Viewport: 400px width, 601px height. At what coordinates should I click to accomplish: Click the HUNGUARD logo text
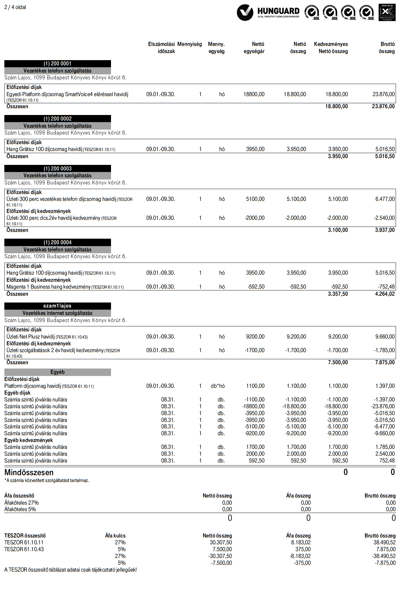pos(278,11)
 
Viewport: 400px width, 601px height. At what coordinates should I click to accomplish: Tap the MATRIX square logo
pos(387,12)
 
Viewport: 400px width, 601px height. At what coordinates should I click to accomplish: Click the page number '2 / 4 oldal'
pos(15,7)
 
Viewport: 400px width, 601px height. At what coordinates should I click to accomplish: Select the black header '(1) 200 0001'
pos(57,64)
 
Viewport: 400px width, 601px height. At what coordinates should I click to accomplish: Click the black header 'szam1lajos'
pos(57,306)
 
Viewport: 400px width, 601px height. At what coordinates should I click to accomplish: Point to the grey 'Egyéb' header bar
pos(57,372)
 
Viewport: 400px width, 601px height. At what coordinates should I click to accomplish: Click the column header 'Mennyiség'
pos(189,44)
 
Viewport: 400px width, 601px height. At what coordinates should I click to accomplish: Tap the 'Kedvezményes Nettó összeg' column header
pos(331,48)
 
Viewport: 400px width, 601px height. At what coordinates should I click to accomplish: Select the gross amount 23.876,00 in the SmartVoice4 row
pos(384,94)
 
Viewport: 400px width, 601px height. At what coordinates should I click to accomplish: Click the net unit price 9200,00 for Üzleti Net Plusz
pos(255,337)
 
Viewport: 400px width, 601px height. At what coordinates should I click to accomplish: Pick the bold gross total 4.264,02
pos(385,294)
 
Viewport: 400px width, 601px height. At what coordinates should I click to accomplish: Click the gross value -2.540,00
pos(384,218)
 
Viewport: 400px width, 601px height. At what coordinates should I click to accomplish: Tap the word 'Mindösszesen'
pos(29,472)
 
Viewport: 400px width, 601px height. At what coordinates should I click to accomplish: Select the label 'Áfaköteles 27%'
pos(22,503)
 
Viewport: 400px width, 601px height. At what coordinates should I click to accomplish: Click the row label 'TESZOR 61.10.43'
pos(24,549)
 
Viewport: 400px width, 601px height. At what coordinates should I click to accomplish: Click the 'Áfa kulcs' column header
pos(115,536)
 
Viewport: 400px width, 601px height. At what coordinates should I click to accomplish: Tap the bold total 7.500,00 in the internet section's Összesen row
pos(338,362)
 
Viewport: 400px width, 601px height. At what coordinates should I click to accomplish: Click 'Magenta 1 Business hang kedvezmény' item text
pos(49,287)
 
